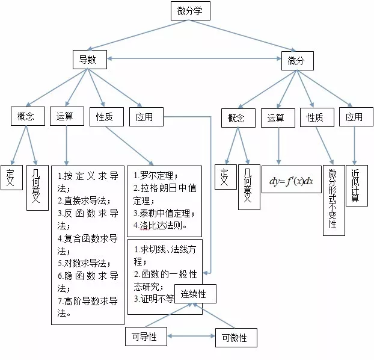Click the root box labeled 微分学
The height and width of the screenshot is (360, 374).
[189, 11]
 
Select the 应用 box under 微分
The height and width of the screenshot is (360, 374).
[355, 117]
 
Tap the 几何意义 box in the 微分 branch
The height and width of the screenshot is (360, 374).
[248, 187]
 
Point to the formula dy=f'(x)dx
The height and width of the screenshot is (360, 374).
[292, 179]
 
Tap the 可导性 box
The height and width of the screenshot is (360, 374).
[145, 337]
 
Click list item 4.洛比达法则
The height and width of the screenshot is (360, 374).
[161, 226]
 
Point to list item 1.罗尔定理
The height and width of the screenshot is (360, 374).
[156, 175]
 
